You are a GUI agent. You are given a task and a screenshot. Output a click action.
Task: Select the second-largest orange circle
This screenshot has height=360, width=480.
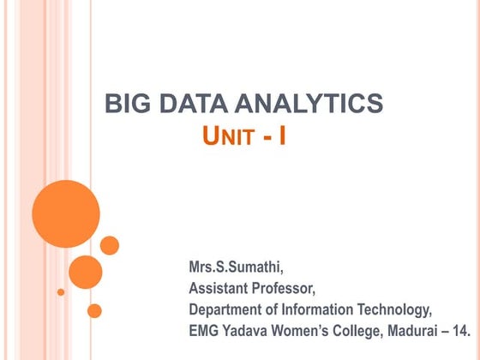[x=85, y=271]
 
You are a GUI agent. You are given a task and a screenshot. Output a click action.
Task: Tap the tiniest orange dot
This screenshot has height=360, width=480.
[x=61, y=291]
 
